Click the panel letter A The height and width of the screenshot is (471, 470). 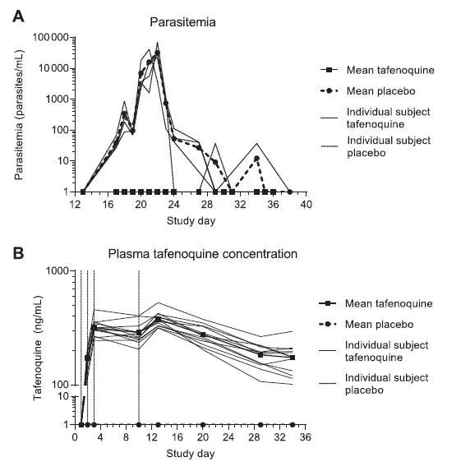18,16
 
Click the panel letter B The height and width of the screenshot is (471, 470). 18,253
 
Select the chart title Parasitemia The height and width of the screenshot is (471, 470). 182,22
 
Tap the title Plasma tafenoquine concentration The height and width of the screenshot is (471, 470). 203,254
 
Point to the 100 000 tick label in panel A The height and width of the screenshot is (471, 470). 50,37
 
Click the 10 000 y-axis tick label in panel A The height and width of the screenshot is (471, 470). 53,68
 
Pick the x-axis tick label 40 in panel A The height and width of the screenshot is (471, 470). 306,205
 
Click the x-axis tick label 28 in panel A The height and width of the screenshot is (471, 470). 207,205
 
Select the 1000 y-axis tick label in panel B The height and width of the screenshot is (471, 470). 58,270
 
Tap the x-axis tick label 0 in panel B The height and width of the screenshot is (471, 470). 75,437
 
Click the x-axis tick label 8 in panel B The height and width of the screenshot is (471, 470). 126,437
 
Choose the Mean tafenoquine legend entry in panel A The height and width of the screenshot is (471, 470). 378,70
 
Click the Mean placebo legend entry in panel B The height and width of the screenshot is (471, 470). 366,324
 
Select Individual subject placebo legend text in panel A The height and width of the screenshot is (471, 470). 389,146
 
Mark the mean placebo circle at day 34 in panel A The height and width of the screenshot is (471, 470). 256,159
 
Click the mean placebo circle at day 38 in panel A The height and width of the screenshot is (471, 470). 289,192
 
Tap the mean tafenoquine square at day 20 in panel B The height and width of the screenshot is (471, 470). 203,335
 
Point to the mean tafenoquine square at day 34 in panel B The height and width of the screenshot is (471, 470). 293,358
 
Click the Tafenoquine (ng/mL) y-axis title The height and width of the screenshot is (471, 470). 38,348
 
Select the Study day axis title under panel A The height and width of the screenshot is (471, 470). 191,221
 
